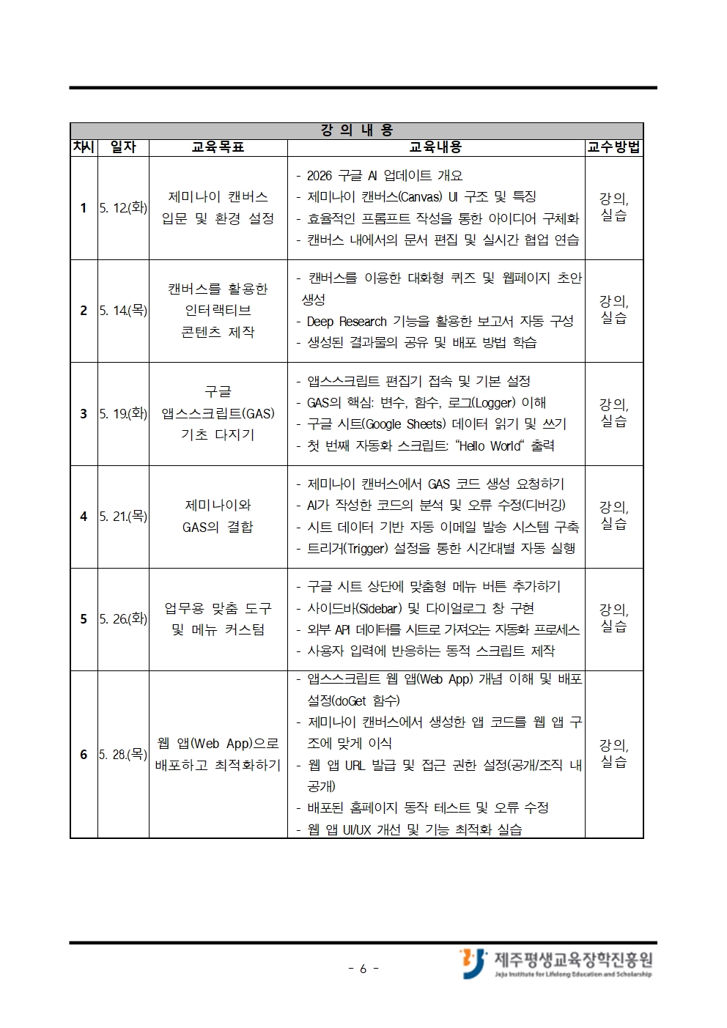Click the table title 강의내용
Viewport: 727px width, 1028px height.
point(357,130)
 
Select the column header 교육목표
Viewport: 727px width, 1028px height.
point(218,147)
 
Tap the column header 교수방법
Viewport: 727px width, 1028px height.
point(613,147)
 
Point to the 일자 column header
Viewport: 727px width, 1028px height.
point(123,147)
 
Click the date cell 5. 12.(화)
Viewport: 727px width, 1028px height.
point(123,208)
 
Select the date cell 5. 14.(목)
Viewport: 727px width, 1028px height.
point(123,311)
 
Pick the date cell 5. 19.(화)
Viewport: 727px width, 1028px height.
point(123,414)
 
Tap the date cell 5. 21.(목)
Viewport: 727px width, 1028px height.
point(123,517)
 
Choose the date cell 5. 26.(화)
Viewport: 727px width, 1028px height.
point(123,619)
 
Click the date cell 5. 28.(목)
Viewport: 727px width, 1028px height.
point(123,754)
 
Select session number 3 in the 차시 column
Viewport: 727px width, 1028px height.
point(84,414)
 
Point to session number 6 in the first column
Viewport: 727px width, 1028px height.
point(84,754)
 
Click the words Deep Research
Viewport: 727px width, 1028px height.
point(347,322)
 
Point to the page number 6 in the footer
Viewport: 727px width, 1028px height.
point(363,969)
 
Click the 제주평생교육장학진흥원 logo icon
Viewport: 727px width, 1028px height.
point(473,962)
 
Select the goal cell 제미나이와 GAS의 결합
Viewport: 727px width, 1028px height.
point(218,517)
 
